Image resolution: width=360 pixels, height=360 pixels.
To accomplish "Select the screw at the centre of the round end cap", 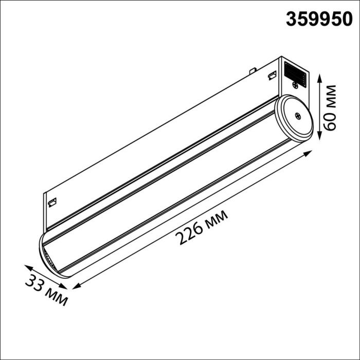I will (x=297, y=116).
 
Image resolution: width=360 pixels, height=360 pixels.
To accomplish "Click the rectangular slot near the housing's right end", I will (x=271, y=77).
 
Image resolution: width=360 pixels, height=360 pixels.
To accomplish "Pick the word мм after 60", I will (x=331, y=94).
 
